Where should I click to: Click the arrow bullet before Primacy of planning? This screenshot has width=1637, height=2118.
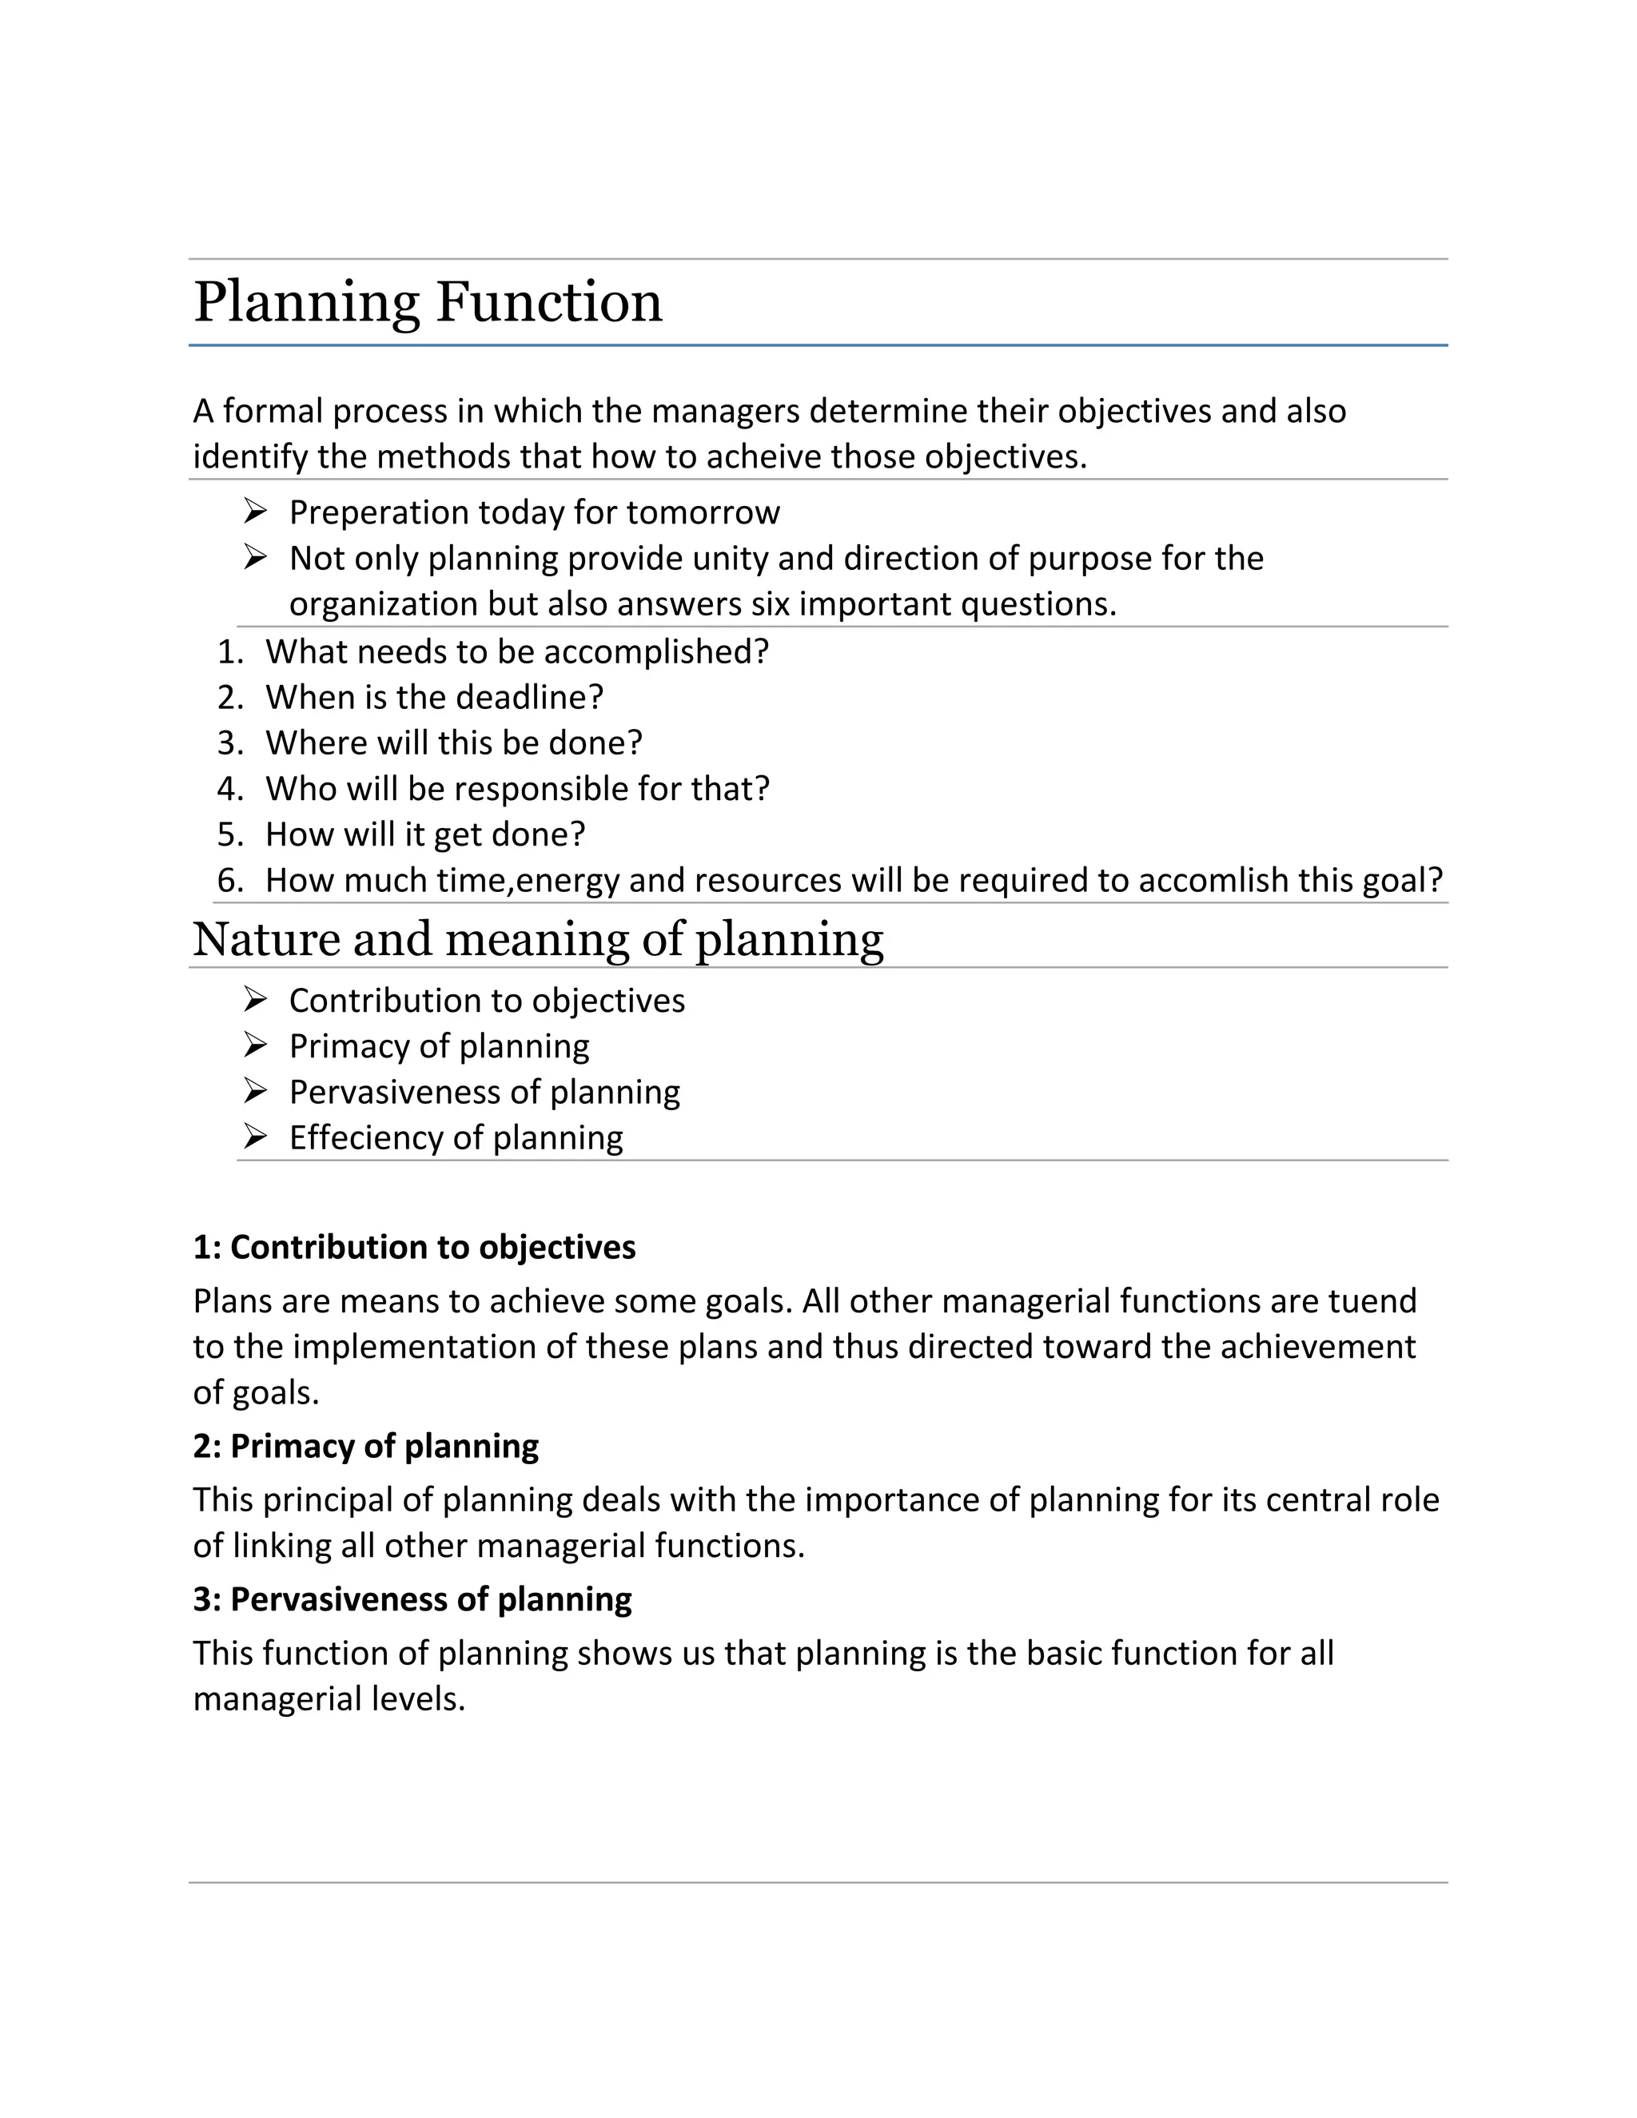(x=255, y=1045)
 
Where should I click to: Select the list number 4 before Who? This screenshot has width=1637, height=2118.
(x=229, y=788)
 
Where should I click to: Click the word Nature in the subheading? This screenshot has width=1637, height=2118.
(x=265, y=939)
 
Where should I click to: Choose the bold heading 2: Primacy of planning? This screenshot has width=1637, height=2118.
(x=365, y=1446)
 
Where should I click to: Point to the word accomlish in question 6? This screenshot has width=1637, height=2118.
(x=1213, y=881)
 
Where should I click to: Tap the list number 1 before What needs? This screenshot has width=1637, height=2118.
(x=229, y=651)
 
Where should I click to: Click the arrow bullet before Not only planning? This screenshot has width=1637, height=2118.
(x=255, y=558)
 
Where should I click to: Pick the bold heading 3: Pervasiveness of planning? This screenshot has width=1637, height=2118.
(x=412, y=1599)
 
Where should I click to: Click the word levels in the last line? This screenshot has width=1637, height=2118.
(x=419, y=1699)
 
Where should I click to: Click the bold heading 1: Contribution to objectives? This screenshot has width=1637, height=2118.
(x=414, y=1247)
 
